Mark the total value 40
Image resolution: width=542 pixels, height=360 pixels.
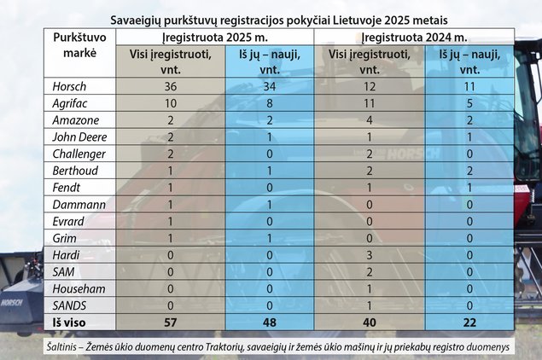click(x=369, y=322)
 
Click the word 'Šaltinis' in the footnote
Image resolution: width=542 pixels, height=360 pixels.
click(x=70, y=348)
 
